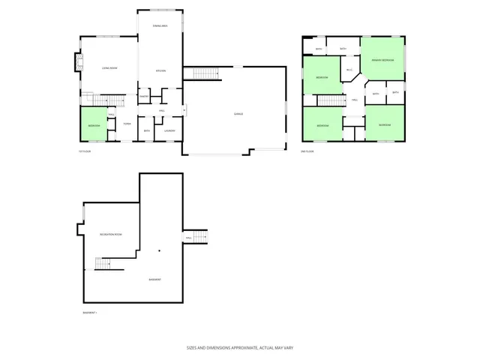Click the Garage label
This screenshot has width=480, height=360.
(238, 114)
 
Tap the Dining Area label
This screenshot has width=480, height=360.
(159, 26)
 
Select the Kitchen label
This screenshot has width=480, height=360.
(160, 71)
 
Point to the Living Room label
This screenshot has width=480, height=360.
(109, 69)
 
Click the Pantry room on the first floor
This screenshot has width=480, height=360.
(144, 96)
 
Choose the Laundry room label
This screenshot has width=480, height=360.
(169, 131)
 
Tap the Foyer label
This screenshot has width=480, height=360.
(127, 123)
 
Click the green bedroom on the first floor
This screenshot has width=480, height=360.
(94, 125)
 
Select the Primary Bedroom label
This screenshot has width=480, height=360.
(382, 60)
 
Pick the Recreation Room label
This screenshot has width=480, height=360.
(111, 235)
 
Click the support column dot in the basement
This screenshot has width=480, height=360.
(159, 250)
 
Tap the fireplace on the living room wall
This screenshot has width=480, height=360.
(78, 63)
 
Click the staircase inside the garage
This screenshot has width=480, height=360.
(205, 73)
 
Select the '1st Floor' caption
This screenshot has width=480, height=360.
(84, 151)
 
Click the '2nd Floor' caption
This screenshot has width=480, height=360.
(307, 151)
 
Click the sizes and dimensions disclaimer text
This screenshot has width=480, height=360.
(240, 348)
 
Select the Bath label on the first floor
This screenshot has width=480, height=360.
(147, 131)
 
